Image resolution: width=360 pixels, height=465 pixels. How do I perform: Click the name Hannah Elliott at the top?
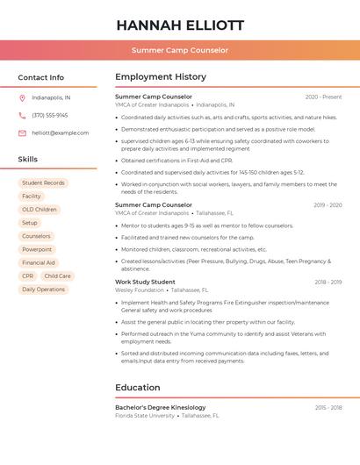click(x=180, y=25)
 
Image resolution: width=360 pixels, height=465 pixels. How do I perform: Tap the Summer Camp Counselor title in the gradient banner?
click(x=180, y=50)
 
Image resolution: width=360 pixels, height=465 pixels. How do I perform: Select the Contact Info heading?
click(x=41, y=77)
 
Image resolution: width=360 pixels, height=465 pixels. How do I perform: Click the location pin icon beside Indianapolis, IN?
click(x=22, y=97)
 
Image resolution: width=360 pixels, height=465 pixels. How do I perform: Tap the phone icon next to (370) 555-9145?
click(x=22, y=115)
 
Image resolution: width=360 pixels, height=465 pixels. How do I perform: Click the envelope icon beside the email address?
click(x=22, y=132)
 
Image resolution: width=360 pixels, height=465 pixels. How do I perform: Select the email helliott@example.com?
click(x=61, y=132)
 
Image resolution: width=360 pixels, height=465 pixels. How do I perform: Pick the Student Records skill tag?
click(x=43, y=183)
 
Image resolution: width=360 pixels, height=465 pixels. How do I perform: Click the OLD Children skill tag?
click(x=40, y=210)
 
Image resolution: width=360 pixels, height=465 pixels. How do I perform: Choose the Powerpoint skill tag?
click(x=37, y=249)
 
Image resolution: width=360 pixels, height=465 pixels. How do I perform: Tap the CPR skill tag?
click(x=28, y=275)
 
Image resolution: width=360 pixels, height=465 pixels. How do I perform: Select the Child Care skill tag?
click(x=57, y=275)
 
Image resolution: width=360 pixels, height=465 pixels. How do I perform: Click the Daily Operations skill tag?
click(x=43, y=289)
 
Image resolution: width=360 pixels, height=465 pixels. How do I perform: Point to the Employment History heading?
click(x=161, y=77)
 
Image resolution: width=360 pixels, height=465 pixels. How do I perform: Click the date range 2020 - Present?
click(x=323, y=97)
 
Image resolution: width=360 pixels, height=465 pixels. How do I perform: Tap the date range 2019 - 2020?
click(x=327, y=205)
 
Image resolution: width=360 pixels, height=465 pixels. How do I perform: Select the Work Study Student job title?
click(x=145, y=282)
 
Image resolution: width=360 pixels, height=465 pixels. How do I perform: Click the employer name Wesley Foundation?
click(x=140, y=290)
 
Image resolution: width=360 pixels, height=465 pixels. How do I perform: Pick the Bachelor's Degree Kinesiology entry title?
click(x=161, y=407)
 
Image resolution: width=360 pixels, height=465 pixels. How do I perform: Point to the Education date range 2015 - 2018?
click(x=328, y=407)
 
